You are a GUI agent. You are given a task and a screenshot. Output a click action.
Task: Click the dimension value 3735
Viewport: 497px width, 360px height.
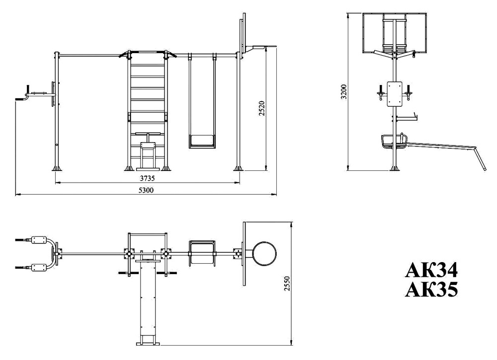coord(148,178)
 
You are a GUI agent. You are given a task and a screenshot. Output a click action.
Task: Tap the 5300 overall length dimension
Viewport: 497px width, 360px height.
coord(146,190)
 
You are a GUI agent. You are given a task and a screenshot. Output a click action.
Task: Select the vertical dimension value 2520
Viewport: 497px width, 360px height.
coord(261,108)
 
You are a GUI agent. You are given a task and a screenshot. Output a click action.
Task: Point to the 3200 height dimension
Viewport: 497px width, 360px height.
coord(344,91)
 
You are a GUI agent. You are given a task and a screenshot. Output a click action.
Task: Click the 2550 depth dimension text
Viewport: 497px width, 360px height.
coord(287,284)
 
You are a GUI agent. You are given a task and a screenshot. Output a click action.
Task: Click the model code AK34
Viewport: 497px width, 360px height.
coord(431,271)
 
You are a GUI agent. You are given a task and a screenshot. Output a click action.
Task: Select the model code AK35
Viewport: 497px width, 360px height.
coord(431,289)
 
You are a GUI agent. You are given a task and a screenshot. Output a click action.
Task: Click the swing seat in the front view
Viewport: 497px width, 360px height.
coord(202,141)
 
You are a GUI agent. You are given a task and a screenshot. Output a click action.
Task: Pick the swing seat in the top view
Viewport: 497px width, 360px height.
coord(202,253)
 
